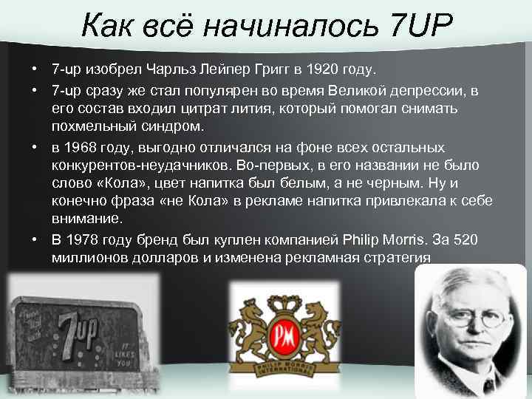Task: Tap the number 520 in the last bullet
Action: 470,239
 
